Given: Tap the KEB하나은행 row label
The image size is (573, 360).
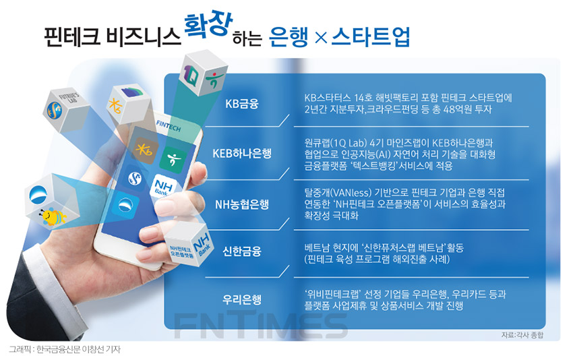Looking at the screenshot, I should (x=242, y=153).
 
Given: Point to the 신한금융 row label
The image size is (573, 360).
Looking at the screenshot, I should (x=242, y=251).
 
